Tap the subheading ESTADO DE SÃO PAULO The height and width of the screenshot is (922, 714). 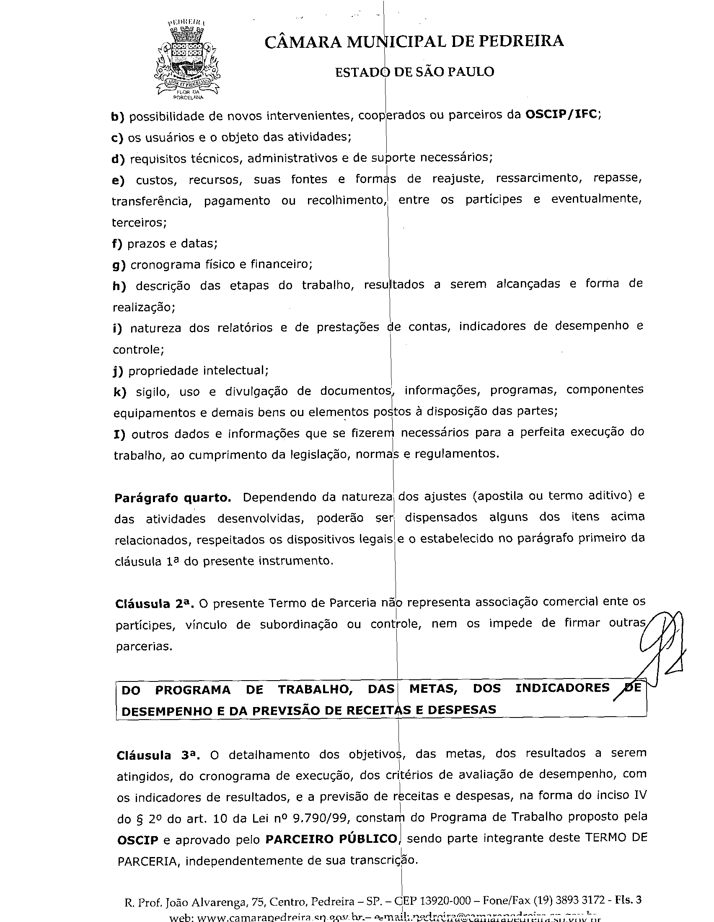(414, 72)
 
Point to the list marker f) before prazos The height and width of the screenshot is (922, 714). (117, 244)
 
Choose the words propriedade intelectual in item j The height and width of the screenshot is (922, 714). (198, 370)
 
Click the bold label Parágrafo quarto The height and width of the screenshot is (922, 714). (173, 498)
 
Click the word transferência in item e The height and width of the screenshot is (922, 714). (151, 201)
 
